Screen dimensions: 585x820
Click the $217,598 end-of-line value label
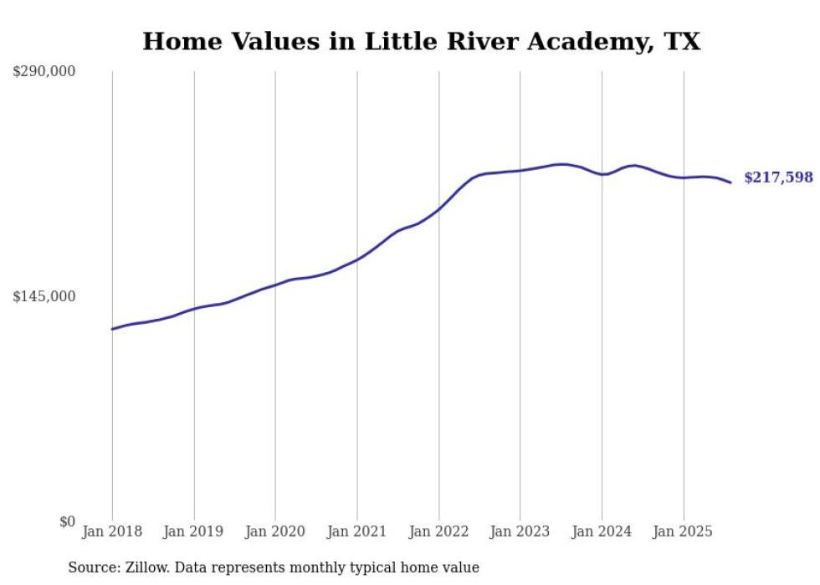(x=778, y=177)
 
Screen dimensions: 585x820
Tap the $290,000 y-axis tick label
(x=44, y=72)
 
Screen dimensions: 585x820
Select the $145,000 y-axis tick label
(x=44, y=296)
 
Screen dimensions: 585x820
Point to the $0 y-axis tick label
(x=67, y=521)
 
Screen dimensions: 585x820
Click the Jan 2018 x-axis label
(x=112, y=531)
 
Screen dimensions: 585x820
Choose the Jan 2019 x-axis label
(x=194, y=531)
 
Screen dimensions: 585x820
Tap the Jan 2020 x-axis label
(x=275, y=531)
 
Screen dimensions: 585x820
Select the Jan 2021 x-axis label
(x=357, y=531)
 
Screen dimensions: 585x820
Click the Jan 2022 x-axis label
(x=438, y=531)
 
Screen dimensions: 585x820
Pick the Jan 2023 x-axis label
(x=520, y=531)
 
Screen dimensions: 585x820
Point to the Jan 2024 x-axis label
(x=602, y=531)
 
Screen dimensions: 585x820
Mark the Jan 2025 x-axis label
(x=684, y=531)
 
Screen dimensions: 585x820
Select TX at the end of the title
(x=682, y=42)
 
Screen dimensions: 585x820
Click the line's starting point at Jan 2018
(x=112, y=329)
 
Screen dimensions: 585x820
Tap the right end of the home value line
(x=730, y=182)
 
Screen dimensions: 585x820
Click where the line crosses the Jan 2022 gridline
(x=438, y=208)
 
